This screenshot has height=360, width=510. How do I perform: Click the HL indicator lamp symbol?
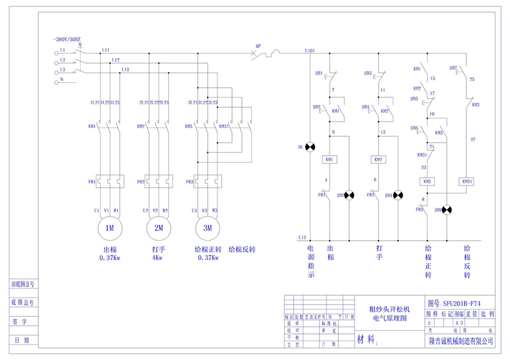click(x=310, y=147)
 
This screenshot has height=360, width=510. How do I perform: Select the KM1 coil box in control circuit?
click(x=330, y=159)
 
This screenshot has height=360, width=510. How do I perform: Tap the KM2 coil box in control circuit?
click(x=378, y=159)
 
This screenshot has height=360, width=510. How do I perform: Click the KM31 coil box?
click(x=467, y=182)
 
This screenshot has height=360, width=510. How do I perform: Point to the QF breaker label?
click(x=258, y=46)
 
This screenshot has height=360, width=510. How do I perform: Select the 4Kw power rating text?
click(x=156, y=258)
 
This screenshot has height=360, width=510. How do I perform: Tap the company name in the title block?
click(x=462, y=342)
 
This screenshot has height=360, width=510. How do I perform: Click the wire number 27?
click(x=472, y=138)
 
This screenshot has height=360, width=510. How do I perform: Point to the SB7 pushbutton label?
click(x=453, y=68)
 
